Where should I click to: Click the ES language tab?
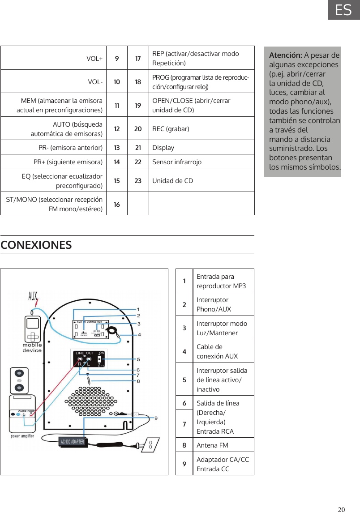click(343, 10)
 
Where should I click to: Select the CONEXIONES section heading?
click(36, 245)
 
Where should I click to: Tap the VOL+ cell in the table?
click(94, 58)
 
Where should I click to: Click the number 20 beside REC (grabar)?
click(138, 129)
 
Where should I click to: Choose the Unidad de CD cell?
click(173, 181)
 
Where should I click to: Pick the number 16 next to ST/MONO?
click(117, 204)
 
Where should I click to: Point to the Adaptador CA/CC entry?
click(223, 464)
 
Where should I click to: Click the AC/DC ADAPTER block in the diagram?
click(72, 441)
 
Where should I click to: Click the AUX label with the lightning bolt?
click(33, 297)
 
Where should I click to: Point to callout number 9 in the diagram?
click(156, 418)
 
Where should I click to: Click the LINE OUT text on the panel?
click(84, 354)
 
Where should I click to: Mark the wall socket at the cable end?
click(150, 445)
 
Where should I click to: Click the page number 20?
click(342, 509)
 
